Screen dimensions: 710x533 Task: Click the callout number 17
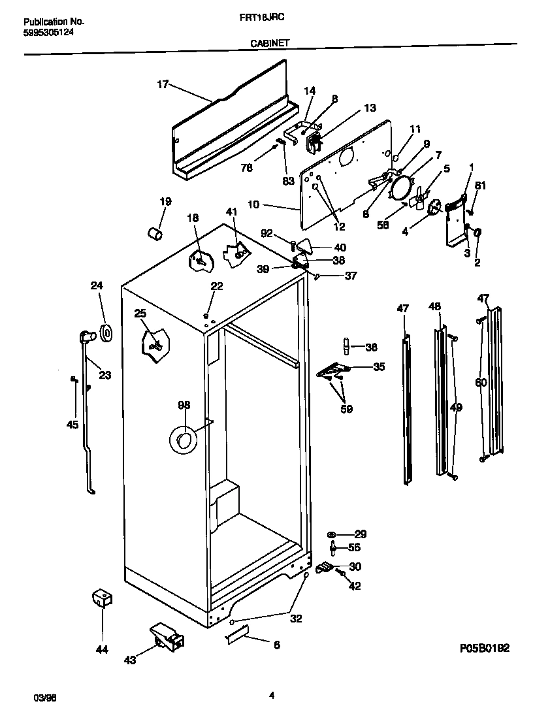coord(163,84)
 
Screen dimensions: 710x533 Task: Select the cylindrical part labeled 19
coord(154,233)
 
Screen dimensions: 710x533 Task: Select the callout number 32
coord(296,619)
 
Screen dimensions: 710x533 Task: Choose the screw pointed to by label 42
coord(340,573)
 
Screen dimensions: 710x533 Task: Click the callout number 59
coord(346,410)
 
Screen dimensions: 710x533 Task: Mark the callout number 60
coord(481,383)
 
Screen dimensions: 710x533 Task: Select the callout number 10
coord(253,204)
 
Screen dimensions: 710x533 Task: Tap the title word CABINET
coord(270,43)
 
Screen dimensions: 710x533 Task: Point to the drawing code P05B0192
coord(483,648)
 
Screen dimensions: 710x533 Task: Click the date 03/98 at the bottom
coord(43,698)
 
